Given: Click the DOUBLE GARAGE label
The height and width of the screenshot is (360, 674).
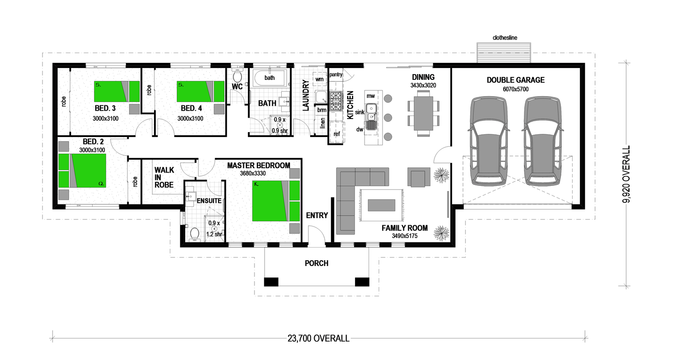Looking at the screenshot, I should coord(516,80).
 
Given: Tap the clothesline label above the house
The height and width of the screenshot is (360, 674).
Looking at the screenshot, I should coord(505,38).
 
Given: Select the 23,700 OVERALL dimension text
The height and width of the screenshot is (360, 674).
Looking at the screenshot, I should coord(319,338).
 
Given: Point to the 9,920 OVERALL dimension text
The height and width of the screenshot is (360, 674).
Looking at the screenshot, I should coord(626,174).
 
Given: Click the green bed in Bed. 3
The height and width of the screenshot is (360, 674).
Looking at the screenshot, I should coord(117,91).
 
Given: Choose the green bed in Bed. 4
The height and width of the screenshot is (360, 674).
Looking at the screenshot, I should coord(201,91).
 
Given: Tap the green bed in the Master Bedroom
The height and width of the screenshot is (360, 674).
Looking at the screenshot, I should coord(276,201).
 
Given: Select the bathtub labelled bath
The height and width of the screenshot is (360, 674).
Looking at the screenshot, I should coord(270,78).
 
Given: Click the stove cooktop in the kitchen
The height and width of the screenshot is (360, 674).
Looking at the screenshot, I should coord(336,101).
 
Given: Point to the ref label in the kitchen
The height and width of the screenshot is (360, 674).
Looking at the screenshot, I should coord(337,134).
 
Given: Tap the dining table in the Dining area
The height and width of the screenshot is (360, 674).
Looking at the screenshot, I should coord(423,113).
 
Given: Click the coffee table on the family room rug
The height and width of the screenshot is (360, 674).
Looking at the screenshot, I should coord(381,205).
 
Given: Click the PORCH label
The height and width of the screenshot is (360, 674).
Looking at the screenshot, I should coord(316,263).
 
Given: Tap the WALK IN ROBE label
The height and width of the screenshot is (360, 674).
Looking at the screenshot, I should coord(164,177).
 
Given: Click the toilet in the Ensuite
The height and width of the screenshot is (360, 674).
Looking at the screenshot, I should coord(194,234).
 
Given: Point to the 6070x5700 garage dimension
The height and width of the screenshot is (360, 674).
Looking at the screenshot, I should coord(516,89).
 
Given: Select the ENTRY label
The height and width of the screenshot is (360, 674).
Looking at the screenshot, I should coord(317,216).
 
